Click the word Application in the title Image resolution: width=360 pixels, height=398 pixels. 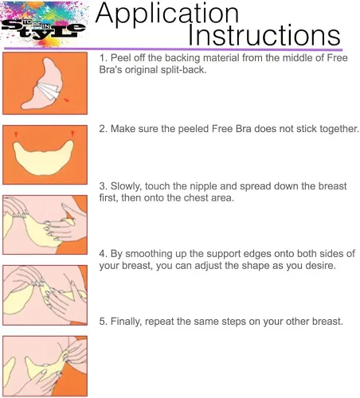click(167, 14)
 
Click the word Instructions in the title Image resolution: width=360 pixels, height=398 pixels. click(264, 35)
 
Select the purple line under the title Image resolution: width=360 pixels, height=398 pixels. click(173, 49)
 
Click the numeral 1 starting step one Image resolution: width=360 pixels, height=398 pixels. click(102, 58)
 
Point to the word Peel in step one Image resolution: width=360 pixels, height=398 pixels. click(118, 58)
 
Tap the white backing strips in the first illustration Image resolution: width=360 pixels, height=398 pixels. click(49, 90)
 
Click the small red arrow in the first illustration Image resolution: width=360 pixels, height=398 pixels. click(66, 99)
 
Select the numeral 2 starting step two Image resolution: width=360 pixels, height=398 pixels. click(102, 129)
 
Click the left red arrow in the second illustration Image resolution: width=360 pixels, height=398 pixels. click(16, 135)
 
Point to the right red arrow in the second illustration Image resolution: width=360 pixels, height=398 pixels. click(72, 134)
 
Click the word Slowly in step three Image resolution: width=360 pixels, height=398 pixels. click(126, 186)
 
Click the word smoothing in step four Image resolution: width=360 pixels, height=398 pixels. click(149, 254)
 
